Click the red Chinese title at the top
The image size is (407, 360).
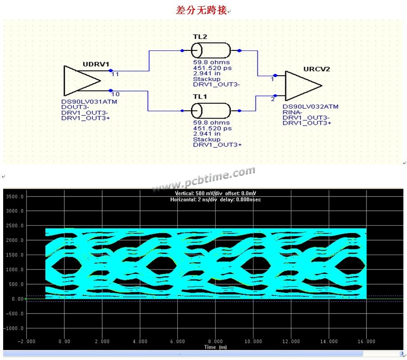click(201, 10)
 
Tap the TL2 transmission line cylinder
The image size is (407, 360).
click(211, 50)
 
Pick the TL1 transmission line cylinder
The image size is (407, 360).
click(211, 111)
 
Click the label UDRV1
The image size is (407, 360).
click(96, 64)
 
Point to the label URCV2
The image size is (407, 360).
click(317, 69)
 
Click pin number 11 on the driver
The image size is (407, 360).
click(115, 74)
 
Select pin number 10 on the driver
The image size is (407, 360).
click(115, 94)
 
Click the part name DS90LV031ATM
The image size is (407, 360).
click(89, 101)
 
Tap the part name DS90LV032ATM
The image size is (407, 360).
click(311, 106)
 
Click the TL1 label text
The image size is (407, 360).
click(200, 96)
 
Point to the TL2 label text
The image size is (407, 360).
click(200, 36)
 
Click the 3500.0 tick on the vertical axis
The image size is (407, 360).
click(14, 196)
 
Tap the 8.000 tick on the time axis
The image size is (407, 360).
click(216, 341)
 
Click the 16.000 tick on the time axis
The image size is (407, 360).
click(366, 341)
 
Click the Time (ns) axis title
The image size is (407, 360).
click(216, 347)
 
